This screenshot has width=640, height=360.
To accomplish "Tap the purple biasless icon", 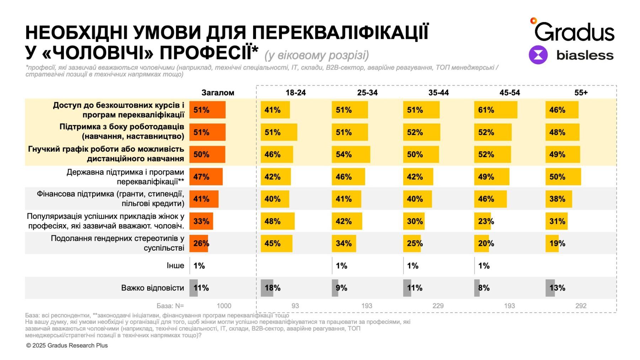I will tap(538, 55).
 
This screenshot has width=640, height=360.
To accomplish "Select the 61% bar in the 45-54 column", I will tap(495, 110).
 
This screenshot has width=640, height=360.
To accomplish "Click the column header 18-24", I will tap(295, 93).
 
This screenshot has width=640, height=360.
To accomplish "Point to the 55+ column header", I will tap(581, 93).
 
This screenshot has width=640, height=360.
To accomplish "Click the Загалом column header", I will tap(218, 93).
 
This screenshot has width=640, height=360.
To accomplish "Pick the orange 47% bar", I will tap(206, 177).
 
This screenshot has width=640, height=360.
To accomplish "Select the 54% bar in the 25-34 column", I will tap(351, 154).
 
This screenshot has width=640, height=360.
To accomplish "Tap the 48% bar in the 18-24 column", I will tap(277, 221).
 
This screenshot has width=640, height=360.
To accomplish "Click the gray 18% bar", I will tap(267, 288).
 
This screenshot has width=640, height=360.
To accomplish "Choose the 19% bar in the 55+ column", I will tap(552, 243).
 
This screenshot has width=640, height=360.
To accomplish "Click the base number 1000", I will tap(224, 306).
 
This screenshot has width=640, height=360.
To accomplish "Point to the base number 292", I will tap(581, 306).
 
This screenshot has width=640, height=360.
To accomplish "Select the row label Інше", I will tap(175, 265).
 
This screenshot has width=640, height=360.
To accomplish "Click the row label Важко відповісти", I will tap(153, 288).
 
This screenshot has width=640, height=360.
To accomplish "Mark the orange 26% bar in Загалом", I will tap(198, 243).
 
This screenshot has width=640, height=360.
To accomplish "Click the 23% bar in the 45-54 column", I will tap(482, 221).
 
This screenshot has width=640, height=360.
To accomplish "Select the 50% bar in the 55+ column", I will tap(563, 177).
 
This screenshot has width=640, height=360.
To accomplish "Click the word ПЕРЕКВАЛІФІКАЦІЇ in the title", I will tap(340, 33).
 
